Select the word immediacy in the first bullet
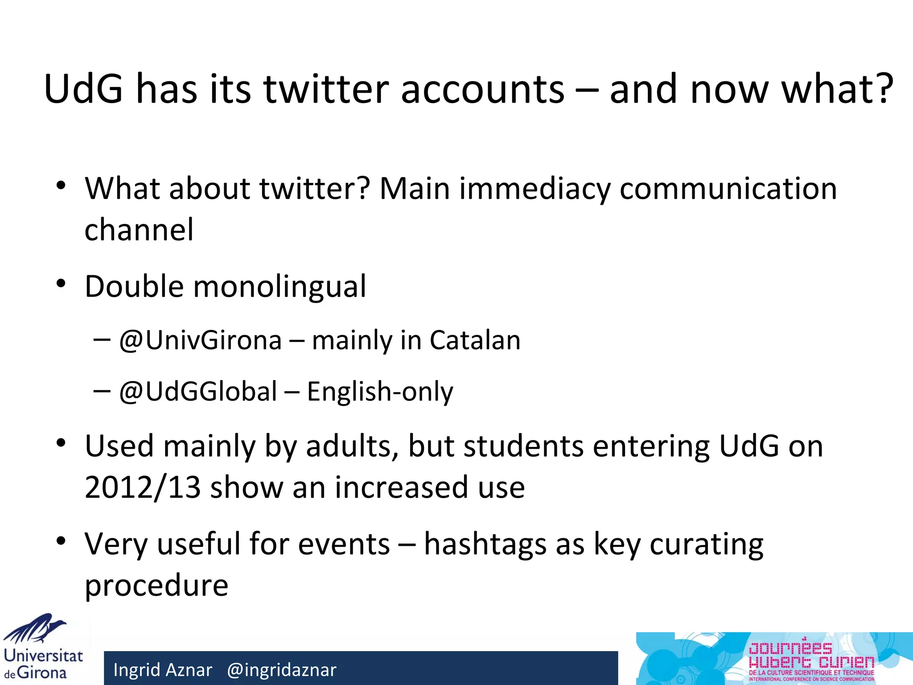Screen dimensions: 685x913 [x=535, y=189]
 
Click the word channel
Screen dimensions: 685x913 [x=139, y=230]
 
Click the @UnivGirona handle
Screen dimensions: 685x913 [x=201, y=341]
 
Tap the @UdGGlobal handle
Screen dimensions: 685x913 [x=198, y=392]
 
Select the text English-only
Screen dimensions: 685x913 [x=380, y=392]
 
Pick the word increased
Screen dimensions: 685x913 [x=401, y=487]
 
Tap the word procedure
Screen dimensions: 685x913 [x=156, y=585]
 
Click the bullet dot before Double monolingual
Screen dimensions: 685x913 [x=61, y=284]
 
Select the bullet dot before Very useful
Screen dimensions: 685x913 [x=61, y=541]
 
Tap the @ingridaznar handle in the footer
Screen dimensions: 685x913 [x=282, y=670]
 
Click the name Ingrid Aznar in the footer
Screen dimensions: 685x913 [x=163, y=670]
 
